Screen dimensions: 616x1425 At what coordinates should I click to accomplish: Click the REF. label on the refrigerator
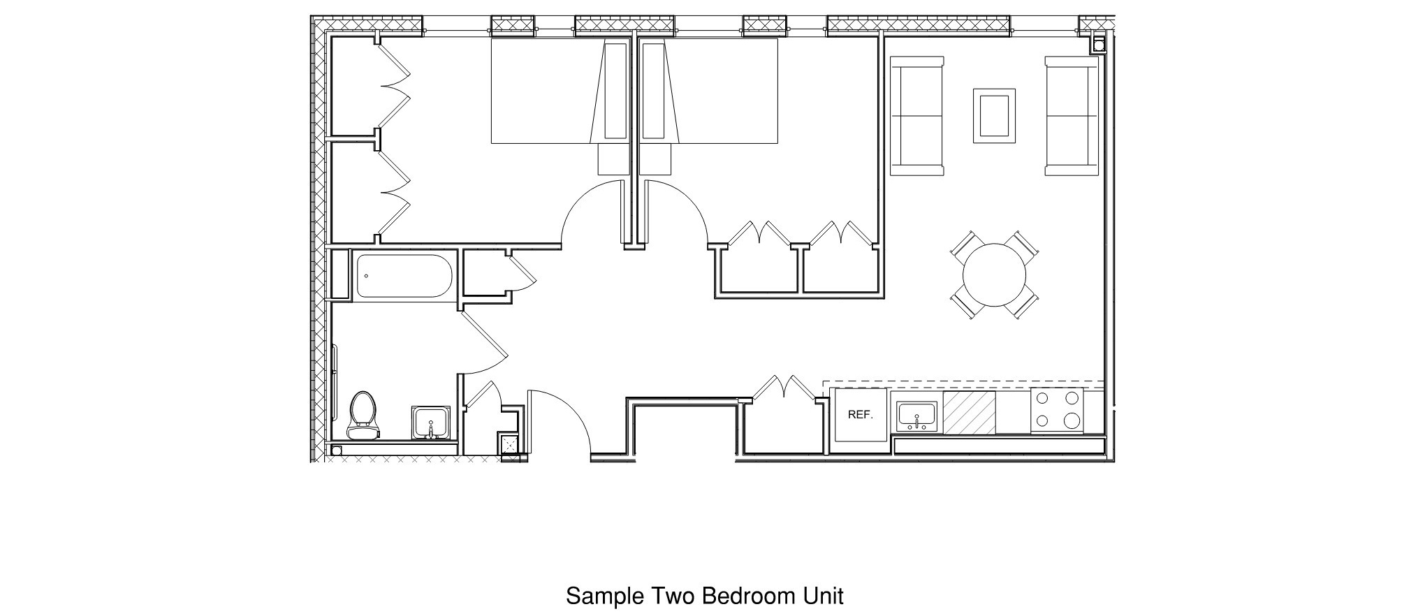click(860, 415)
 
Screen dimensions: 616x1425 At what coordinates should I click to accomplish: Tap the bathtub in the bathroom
click(404, 276)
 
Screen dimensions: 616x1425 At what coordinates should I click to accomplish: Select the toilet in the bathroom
click(363, 416)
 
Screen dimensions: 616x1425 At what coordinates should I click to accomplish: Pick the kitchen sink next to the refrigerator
click(916, 416)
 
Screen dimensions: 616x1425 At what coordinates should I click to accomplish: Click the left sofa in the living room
click(916, 116)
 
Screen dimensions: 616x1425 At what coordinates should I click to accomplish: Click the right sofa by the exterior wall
click(1072, 116)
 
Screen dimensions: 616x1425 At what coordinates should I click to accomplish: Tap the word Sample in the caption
click(605, 596)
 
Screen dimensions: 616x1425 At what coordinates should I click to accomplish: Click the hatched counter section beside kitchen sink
click(969, 412)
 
